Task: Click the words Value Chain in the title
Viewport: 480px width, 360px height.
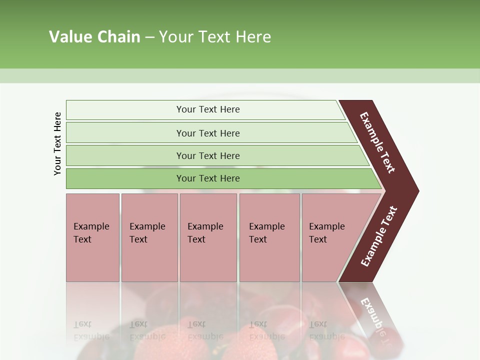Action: pos(94,37)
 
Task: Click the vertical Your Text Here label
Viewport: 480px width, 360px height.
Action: pos(57,143)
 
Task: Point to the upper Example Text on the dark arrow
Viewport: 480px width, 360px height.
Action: pos(377,142)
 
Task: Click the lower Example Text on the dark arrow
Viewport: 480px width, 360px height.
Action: pos(379,236)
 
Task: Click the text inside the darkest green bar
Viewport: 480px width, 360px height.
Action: pos(208,178)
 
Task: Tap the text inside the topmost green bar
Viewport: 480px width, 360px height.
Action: pos(208,109)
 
